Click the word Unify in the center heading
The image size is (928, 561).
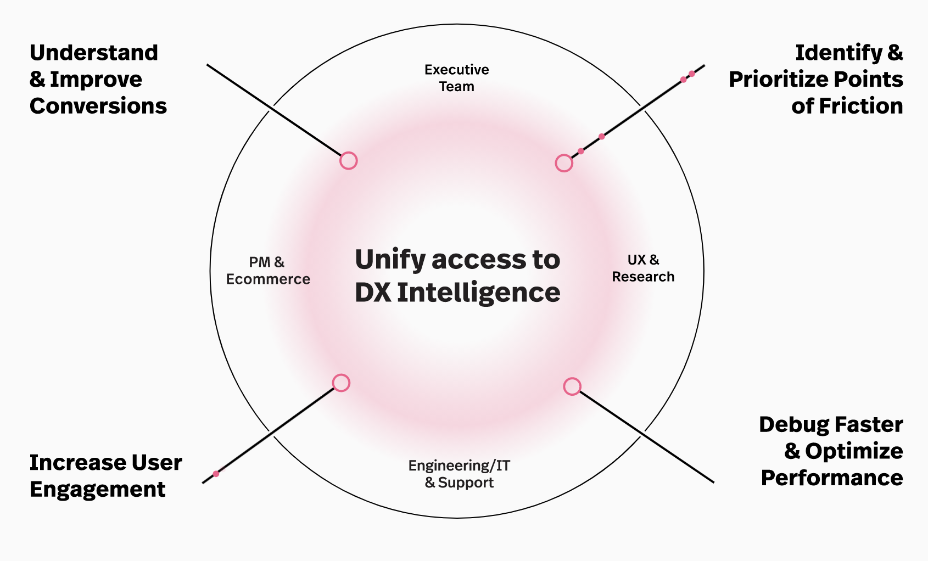[390, 260]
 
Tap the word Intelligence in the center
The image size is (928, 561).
[478, 293]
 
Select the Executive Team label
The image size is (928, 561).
[456, 78]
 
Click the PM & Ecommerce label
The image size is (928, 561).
[268, 271]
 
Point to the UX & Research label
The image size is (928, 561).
[643, 268]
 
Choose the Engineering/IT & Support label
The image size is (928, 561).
[459, 474]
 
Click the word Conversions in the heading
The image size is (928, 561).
[98, 106]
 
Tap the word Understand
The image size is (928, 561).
[94, 53]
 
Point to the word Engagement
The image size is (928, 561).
[98, 489]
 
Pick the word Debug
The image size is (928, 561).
[793, 425]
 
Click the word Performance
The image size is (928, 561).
[832, 478]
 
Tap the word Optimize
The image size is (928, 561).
[854, 451]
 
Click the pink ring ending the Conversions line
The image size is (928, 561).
[349, 161]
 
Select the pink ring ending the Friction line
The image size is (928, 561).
[564, 163]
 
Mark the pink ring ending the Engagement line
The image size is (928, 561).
[341, 383]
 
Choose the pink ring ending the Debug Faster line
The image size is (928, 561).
[572, 386]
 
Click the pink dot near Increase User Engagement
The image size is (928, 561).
[216, 474]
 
